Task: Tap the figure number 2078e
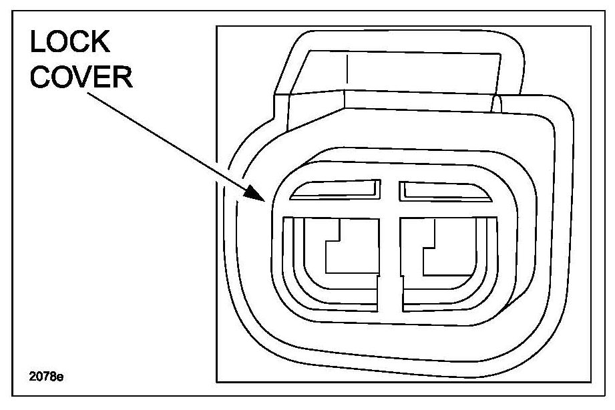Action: point(46,377)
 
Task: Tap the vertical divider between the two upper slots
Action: point(390,190)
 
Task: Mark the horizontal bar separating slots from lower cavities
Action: point(391,210)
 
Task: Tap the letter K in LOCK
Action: point(100,42)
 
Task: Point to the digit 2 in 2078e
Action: point(33,377)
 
